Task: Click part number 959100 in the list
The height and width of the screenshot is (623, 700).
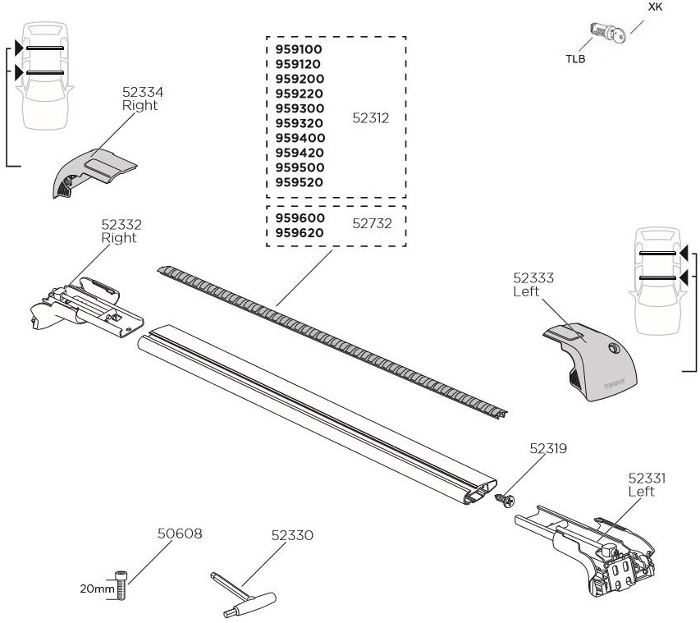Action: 300,49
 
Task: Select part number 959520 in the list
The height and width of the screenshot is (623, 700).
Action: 300,182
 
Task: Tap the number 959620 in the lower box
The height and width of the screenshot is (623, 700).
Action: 300,233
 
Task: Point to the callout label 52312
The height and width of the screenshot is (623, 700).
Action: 370,117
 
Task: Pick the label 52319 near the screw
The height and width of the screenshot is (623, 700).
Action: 548,449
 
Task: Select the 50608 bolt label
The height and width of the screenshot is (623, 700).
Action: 180,534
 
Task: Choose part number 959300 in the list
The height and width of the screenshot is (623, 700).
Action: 300,108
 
